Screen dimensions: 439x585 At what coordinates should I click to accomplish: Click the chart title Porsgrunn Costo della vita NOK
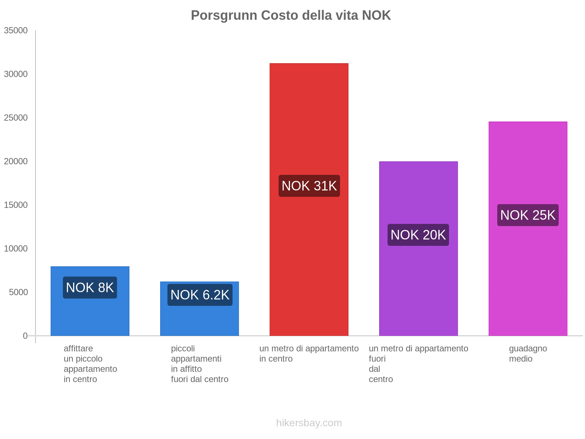coord(291,15)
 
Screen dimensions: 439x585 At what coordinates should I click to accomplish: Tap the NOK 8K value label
coord(90,288)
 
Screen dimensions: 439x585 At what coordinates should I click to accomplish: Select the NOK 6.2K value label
coord(200,295)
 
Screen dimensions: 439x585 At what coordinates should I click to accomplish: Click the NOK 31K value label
coord(309,186)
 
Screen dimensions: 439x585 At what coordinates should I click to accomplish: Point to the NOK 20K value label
coord(418,235)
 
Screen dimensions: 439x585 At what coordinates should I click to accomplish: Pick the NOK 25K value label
coord(528,215)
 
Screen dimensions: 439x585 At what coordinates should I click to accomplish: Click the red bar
coord(309,110)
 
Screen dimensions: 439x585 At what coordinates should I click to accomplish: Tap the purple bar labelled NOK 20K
coord(418,293)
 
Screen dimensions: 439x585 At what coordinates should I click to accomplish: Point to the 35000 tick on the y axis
coord(16,31)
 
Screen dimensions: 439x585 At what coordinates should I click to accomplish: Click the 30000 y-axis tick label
coord(16,74)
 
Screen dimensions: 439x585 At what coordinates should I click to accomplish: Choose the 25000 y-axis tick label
coord(16,118)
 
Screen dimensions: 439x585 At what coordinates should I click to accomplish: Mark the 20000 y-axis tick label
coord(16,161)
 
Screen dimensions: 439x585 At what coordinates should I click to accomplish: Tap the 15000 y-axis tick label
coord(16,205)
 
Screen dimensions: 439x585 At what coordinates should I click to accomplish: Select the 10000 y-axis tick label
coord(16,249)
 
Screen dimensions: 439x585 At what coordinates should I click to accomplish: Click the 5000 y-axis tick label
coord(18,292)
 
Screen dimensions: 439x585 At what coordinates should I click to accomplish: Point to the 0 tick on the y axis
coord(25,336)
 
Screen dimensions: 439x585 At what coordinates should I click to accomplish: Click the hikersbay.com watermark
coord(309,423)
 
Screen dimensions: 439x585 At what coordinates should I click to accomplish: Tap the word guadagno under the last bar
coord(528,349)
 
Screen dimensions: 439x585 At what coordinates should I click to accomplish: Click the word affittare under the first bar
coord(78,349)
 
